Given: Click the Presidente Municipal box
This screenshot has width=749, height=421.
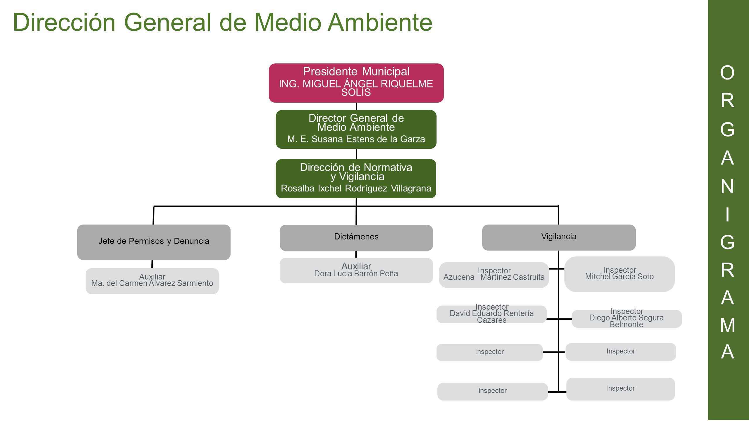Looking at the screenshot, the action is pos(356,83).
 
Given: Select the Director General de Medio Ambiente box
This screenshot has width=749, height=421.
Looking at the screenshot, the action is pos(356,129).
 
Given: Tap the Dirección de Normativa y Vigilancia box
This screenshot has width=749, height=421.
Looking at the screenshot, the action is pos(356,179).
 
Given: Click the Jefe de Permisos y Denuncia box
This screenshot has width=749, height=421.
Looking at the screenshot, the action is pos(154,242).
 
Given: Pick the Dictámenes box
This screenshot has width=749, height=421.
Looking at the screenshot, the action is pos(356,238).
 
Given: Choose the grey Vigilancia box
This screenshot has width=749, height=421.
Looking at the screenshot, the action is pos(559,237).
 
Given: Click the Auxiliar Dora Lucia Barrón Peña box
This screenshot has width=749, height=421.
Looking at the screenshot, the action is pos(356,270).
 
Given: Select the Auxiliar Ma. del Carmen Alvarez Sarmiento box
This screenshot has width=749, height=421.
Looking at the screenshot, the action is pos(152,281).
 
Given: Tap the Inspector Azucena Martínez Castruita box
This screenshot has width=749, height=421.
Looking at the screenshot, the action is pos(494,275).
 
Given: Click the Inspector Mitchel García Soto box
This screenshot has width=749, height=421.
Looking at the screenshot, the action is pos(620,274).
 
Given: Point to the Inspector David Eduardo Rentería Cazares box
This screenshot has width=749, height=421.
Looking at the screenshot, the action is pos(492,314).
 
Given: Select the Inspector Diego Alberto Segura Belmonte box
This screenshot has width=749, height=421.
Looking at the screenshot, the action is pos(627,319).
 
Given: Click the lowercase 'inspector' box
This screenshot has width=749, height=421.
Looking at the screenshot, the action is pos(493,391).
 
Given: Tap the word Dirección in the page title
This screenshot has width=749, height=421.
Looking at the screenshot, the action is pos(64,22).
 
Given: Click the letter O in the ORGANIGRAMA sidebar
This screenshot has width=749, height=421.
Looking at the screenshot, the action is pos(727,73).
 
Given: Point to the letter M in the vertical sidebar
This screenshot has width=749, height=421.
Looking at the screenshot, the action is pos(728,325).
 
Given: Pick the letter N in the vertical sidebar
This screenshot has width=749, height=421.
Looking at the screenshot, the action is pos(727,187).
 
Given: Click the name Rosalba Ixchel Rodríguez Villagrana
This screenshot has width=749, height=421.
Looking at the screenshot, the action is pos(356,188).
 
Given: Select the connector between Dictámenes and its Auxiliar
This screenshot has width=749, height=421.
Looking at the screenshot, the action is pos(356,254).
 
